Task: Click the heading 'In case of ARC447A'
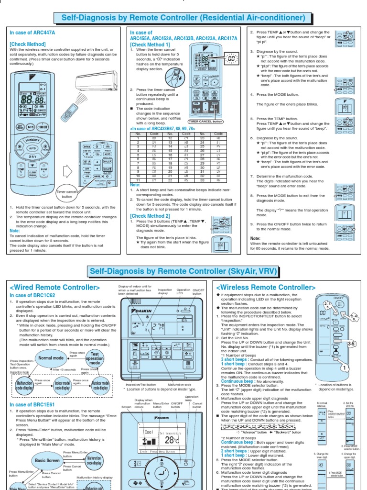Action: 33,33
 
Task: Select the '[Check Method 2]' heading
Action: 150,216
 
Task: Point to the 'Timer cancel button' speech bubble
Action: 67,194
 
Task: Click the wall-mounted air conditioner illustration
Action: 96,80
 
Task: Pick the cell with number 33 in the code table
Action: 202,180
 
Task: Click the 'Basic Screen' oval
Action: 47,460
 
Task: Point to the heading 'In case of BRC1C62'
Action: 32,296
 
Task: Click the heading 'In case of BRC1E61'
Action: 32,404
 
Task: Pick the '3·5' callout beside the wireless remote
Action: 351,343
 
